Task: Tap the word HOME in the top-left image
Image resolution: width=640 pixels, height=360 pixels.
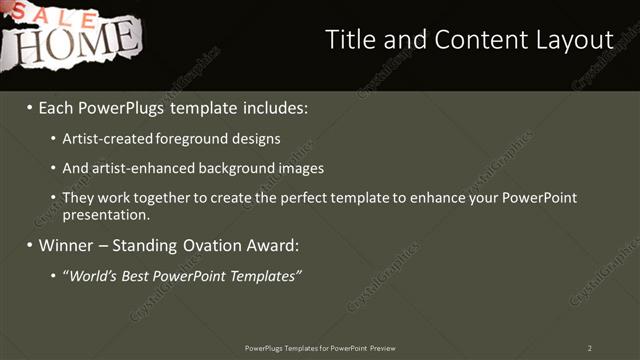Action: pyautogui.click(x=70, y=42)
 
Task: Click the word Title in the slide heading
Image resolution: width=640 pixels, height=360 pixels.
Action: pyautogui.click(x=349, y=39)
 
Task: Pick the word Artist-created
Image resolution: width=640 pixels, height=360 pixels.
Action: pyautogui.click(x=104, y=138)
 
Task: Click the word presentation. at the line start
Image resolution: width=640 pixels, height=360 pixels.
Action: pyautogui.click(x=105, y=214)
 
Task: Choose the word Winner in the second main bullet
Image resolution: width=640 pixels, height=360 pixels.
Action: pyautogui.click(x=63, y=245)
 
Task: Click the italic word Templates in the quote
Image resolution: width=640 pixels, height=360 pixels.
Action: pyautogui.click(x=265, y=275)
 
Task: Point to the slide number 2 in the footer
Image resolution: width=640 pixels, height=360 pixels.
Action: pyautogui.click(x=590, y=348)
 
